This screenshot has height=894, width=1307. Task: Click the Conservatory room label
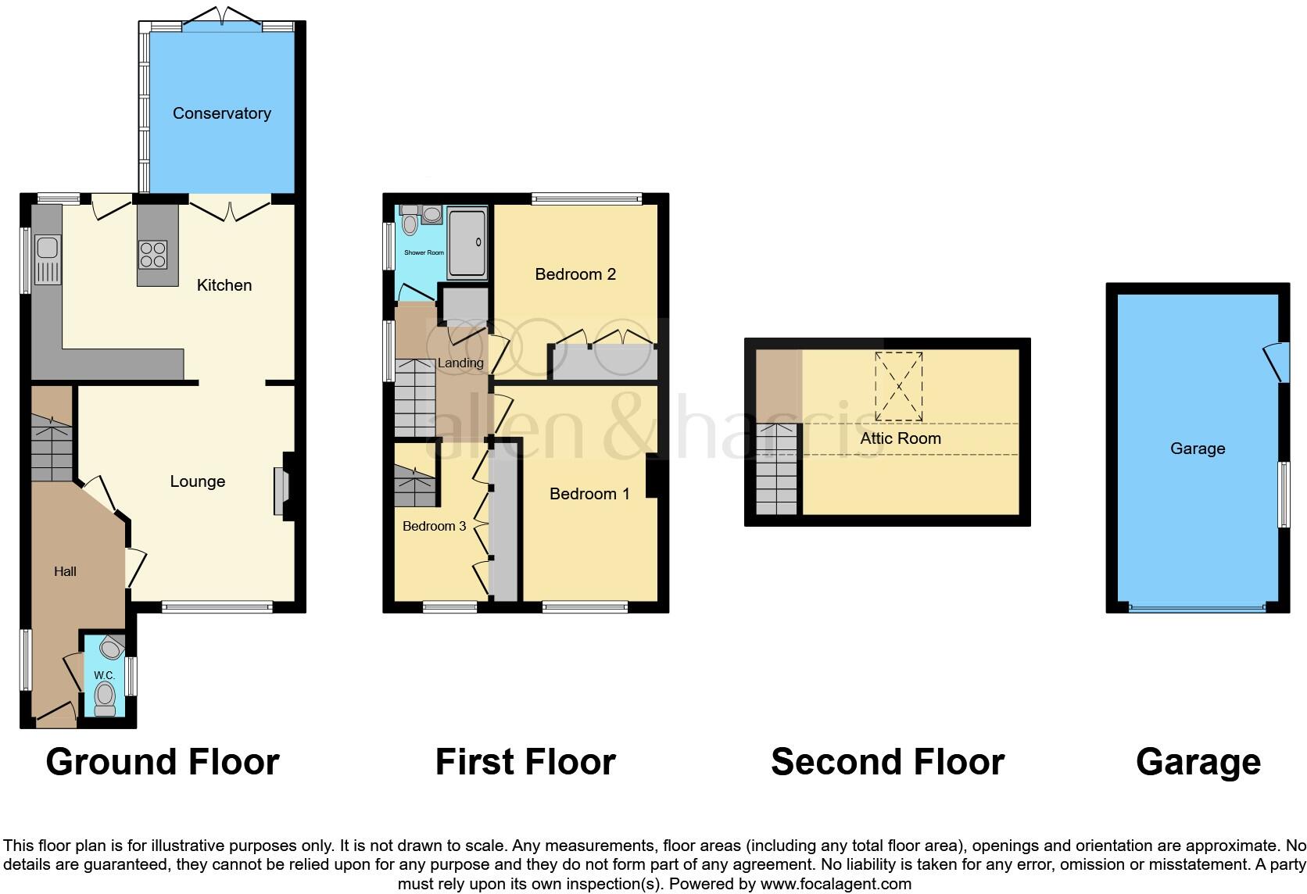[221, 113]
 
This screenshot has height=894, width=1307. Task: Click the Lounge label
[198, 481]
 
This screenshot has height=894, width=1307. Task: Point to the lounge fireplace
[280, 492]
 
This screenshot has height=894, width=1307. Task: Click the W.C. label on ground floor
[104, 675]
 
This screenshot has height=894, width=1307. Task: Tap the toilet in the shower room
[410, 223]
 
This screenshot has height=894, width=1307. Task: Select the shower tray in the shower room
[467, 243]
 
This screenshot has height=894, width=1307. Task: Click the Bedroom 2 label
[575, 274]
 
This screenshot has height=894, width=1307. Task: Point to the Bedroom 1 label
[589, 494]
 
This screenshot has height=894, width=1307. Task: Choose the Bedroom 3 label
[434, 526]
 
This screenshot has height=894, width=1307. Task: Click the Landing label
[460, 363]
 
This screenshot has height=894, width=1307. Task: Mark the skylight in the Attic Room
[899, 385]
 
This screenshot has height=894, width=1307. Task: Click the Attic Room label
[901, 438]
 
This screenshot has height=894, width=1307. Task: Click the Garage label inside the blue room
[1198, 449]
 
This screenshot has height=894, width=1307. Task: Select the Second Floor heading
[887, 762]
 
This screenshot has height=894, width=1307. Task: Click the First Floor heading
[525, 762]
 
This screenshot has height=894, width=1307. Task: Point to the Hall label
[65, 572]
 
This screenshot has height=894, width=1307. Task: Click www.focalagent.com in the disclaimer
[835, 884]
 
